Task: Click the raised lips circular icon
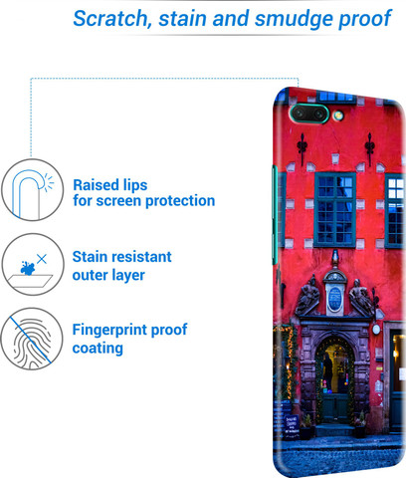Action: pyautogui.click(x=32, y=189)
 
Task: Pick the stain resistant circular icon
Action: pyautogui.click(x=32, y=264)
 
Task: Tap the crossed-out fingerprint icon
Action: pyautogui.click(x=32, y=339)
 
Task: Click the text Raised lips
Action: pyautogui.click(x=110, y=185)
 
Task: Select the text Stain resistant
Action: pyautogui.click(x=122, y=257)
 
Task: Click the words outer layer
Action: pyautogui.click(x=108, y=275)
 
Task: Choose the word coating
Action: pyautogui.click(x=98, y=349)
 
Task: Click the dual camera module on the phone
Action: pyautogui.click(x=309, y=114)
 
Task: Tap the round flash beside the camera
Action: pyautogui.click(x=338, y=116)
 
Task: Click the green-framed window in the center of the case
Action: pyautogui.click(x=335, y=209)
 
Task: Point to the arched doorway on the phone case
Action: pyautogui.click(x=334, y=381)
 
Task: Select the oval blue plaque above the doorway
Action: pyautogui.click(x=334, y=299)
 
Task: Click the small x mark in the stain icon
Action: pyautogui.click(x=42, y=259)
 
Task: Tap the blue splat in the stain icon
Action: pyautogui.click(x=28, y=268)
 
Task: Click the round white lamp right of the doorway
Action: pyautogui.click(x=376, y=329)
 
